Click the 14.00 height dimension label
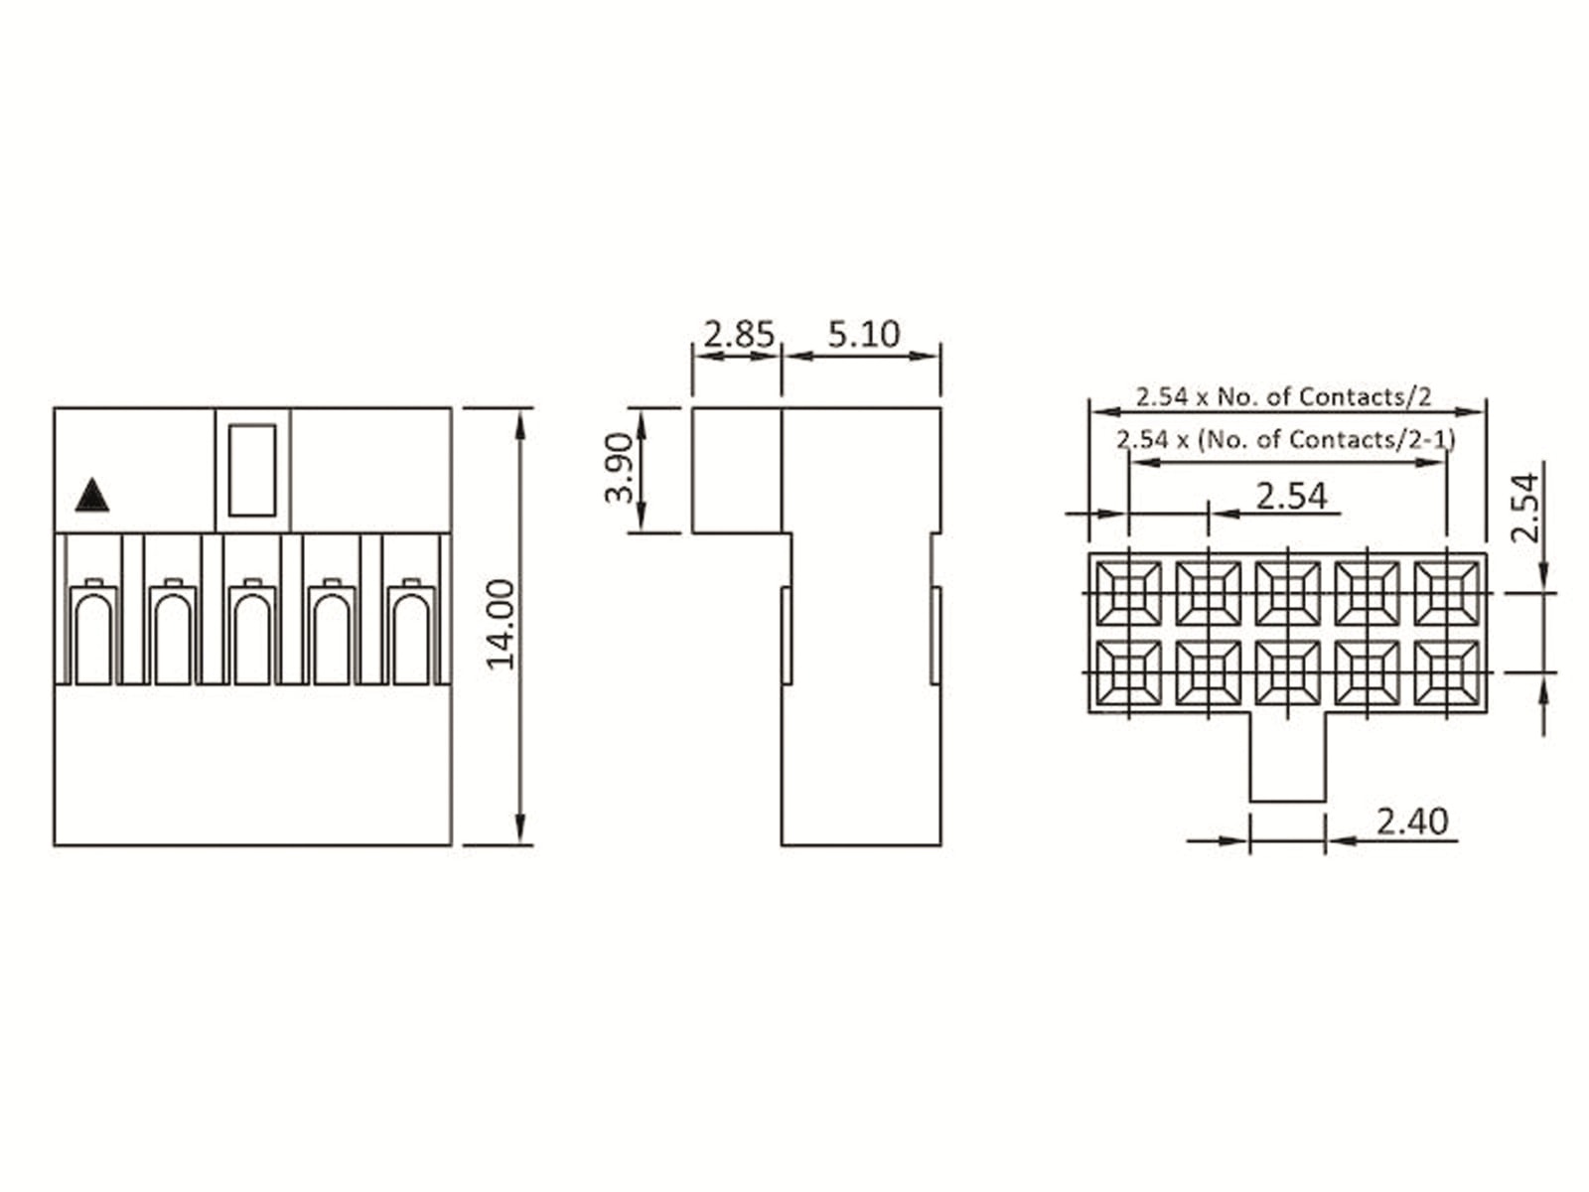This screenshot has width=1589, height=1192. [501, 625]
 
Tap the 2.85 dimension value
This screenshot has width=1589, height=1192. [739, 335]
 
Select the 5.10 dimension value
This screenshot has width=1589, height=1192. [864, 335]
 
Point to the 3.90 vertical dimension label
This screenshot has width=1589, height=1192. [619, 468]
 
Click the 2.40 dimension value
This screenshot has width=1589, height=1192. [1412, 821]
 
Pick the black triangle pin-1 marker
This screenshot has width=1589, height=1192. [92, 495]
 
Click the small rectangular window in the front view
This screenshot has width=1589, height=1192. [252, 471]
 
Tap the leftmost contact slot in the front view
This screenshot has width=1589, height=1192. [93, 632]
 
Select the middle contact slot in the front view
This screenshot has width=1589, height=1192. [252, 632]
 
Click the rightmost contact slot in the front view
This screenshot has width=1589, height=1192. [412, 632]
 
